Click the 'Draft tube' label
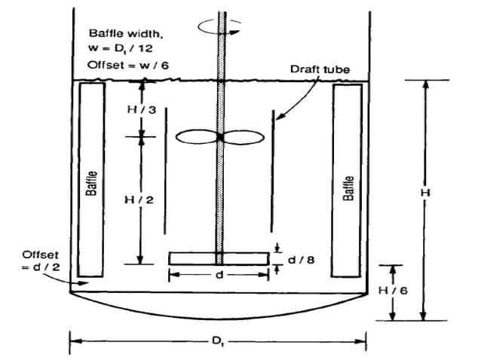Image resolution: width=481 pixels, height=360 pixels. point(319,69)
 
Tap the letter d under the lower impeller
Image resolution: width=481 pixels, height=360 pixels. point(219,275)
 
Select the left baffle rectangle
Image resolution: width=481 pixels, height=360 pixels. point(91,179)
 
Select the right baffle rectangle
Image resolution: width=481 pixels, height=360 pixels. point(347,179)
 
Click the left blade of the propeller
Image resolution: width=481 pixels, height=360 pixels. point(196,137)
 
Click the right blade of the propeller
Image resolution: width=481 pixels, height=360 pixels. point(243,137)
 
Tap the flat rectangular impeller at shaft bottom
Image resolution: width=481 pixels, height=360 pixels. point(219,258)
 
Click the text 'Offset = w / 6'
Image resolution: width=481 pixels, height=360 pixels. point(129,66)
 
